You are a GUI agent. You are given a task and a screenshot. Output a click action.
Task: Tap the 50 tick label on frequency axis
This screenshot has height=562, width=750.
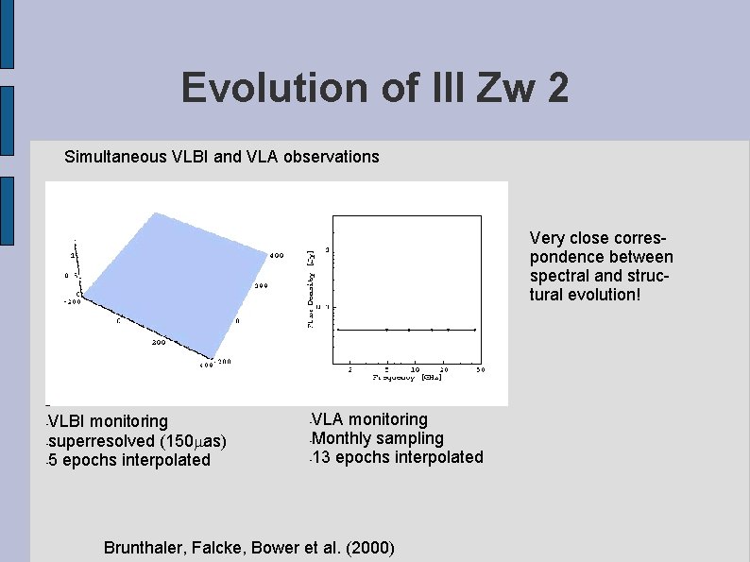tap(480, 370)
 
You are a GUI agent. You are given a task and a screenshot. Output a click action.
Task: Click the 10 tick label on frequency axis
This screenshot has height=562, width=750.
tap(416, 370)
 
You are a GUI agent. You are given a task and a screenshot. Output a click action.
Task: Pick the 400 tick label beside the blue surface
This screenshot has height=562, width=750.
tap(277, 255)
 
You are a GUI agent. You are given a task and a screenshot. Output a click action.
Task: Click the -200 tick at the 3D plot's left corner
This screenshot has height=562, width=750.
tap(72, 301)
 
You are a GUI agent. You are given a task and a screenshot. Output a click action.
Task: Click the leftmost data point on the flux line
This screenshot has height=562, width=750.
tap(338, 330)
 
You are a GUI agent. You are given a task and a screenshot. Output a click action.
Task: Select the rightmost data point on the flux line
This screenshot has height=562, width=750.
tap(474, 330)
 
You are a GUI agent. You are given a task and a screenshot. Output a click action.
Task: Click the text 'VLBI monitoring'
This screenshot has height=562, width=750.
tap(108, 421)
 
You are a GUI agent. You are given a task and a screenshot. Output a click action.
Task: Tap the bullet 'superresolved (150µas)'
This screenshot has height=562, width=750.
tap(138, 441)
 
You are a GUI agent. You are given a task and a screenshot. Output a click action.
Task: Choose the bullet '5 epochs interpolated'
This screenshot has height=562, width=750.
tap(129, 461)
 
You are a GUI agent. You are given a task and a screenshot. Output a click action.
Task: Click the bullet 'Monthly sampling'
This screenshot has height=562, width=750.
tap(377, 438)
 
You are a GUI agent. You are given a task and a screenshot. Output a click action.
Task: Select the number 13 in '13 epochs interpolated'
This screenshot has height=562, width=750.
tap(321, 458)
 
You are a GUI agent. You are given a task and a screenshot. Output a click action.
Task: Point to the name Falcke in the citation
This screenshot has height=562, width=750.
tap(219, 549)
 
